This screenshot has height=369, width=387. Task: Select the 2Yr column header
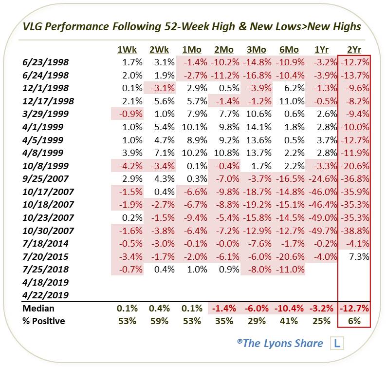[x=354, y=49]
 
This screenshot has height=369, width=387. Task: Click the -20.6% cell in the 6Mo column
[x=289, y=256]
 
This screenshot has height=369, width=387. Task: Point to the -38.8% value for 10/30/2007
[x=355, y=230]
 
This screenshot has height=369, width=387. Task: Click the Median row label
[x=38, y=308]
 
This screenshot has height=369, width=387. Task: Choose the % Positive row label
[x=43, y=321]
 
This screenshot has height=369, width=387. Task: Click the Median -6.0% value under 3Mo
[x=257, y=308]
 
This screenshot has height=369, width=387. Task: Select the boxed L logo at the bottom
[x=336, y=343]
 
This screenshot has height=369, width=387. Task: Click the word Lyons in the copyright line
[x=281, y=343]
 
